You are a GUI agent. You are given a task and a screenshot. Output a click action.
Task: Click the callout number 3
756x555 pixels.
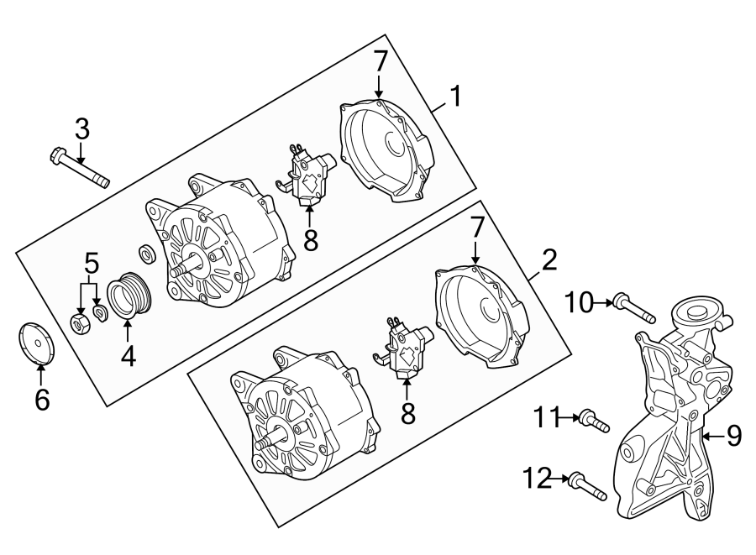(x=81, y=129)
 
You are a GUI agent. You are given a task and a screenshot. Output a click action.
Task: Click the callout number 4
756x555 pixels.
(x=128, y=357)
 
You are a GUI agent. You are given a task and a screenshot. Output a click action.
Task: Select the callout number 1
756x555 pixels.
(x=454, y=98)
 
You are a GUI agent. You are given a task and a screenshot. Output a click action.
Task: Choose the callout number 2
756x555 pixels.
(x=548, y=260)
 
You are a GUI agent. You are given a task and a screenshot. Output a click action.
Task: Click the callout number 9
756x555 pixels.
(x=733, y=436)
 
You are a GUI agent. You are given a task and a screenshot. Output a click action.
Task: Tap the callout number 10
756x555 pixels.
(x=580, y=301)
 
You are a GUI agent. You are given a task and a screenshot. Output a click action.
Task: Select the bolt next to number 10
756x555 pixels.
(x=634, y=308)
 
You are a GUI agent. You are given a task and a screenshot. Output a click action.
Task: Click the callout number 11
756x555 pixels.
(x=548, y=415)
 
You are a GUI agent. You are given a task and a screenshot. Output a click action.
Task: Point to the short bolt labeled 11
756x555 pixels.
(x=594, y=421)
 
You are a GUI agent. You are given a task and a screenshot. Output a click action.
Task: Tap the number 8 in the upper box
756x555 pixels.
(x=311, y=241)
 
